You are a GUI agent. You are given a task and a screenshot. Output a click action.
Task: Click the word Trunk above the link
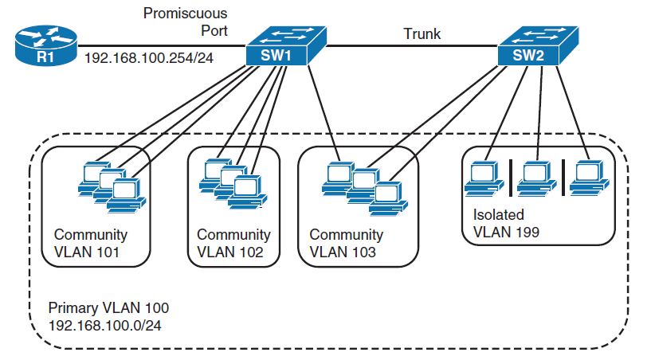422,34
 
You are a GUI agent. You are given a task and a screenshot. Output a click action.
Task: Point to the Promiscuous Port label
185,22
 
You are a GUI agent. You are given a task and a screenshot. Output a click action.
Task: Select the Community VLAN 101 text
90,245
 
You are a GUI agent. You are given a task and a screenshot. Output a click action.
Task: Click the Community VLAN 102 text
233,245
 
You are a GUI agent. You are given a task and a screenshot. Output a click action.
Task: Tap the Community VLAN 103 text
346,245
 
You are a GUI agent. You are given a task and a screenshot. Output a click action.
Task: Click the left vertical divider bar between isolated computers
510,178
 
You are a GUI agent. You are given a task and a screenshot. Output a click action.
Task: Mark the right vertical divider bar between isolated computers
563,178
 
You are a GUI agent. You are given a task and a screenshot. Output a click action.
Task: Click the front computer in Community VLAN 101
127,194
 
